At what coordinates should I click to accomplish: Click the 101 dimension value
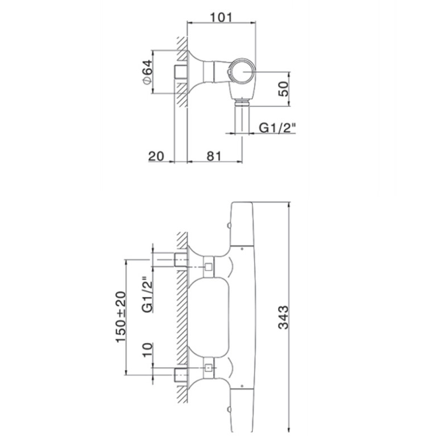[221, 17]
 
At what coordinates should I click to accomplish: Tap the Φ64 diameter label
[147, 72]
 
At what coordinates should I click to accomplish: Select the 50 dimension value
[283, 89]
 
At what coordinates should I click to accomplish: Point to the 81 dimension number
[214, 156]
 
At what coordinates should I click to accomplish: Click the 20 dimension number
[156, 156]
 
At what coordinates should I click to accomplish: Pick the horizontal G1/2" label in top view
[277, 128]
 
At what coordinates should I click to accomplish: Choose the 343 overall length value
[284, 318]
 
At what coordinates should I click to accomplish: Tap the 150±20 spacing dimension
[121, 317]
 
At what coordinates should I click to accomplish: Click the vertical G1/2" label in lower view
[147, 294]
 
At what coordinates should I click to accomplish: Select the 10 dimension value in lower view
[148, 350]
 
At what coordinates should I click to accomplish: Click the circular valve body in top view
[242, 72]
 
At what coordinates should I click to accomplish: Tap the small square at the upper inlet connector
[208, 267]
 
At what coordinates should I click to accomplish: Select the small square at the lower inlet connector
[208, 368]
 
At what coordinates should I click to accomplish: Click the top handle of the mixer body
[242, 224]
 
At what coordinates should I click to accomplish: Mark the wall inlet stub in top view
[181, 72]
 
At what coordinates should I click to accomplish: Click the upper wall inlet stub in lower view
[181, 260]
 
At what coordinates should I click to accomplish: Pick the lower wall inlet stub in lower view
[181, 375]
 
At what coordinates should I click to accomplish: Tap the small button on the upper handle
[229, 225]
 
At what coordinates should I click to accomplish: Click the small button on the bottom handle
[229, 410]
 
